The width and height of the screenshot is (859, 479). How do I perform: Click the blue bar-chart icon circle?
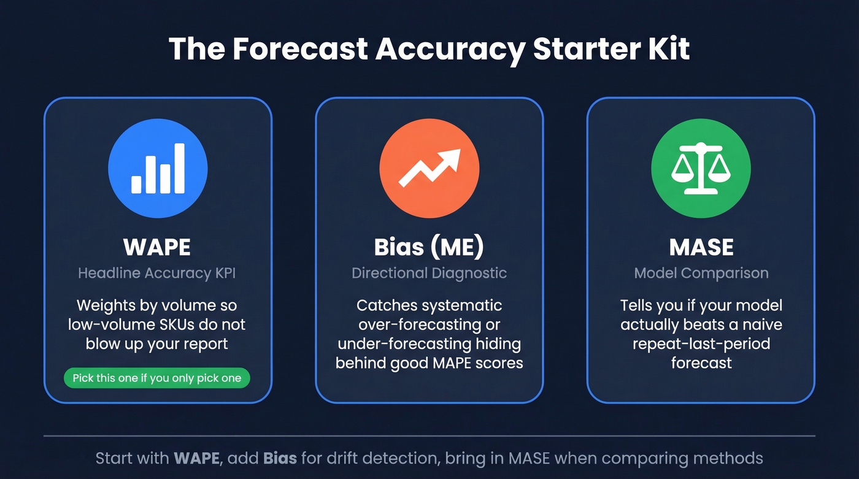coord(158,169)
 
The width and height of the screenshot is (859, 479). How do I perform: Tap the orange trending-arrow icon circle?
coord(429,169)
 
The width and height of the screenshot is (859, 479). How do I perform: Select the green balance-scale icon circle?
coord(701,169)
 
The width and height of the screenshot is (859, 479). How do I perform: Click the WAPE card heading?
coord(157,247)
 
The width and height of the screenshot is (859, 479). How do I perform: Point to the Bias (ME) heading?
coord(429,247)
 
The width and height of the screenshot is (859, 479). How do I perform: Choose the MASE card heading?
coord(701,247)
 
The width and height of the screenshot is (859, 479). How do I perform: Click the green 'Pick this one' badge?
coord(157,378)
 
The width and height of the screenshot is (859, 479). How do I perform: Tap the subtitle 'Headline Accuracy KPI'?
coord(157,274)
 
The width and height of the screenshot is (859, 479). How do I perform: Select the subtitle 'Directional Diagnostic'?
coord(429,274)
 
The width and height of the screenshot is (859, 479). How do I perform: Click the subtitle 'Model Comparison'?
coord(701,274)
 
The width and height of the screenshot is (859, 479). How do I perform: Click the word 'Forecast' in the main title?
coord(299,49)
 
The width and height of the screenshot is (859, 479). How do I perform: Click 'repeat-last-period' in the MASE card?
coord(701,343)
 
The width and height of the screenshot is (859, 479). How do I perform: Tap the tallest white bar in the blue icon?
coord(179,168)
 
